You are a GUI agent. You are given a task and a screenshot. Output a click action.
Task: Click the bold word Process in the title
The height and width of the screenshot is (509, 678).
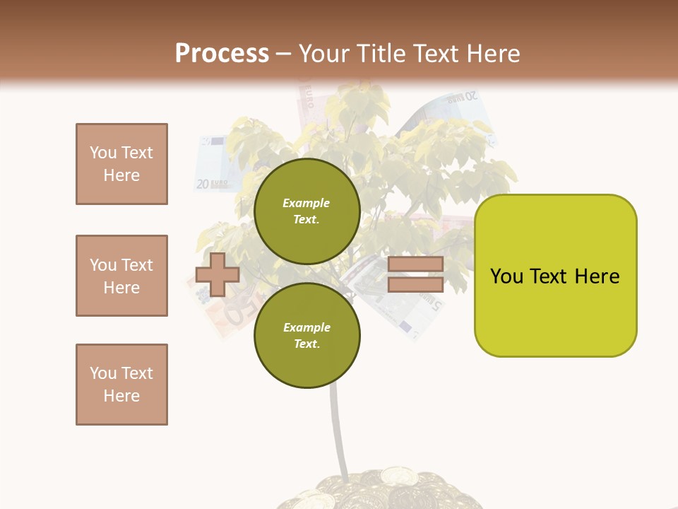222,54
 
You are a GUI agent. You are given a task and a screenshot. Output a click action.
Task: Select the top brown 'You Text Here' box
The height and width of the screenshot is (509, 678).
121,164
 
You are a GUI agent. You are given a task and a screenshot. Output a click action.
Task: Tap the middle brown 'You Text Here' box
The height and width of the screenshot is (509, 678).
121,276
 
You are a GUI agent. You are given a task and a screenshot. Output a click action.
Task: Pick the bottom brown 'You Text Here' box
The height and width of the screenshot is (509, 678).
121,385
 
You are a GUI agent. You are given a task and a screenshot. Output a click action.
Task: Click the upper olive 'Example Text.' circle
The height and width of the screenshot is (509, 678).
307,211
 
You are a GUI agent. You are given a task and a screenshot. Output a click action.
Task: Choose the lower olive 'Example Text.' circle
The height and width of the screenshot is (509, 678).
307,335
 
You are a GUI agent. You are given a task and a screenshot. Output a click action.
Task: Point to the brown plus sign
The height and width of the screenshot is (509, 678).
218,274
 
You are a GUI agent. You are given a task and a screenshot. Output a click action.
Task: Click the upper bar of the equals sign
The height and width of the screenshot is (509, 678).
415,264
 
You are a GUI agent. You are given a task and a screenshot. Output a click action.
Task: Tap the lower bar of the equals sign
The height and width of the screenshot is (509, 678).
415,284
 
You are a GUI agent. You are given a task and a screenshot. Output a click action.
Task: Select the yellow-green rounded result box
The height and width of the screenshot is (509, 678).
555,276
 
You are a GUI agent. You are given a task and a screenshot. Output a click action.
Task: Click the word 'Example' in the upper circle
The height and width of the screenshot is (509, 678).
307,203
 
